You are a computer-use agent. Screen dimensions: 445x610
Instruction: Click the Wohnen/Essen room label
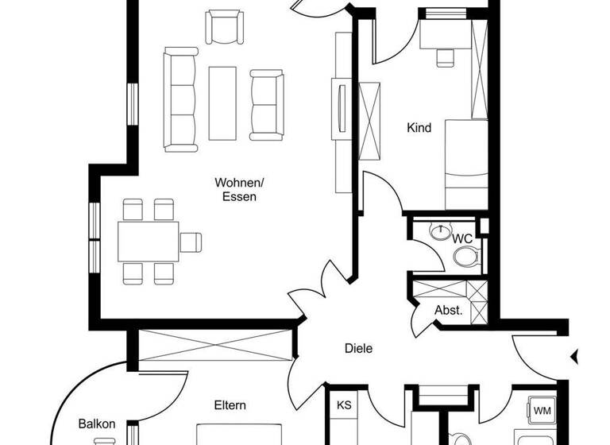pyautogui.click(x=239, y=189)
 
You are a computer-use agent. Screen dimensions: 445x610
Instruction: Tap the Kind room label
pyautogui.click(x=419, y=127)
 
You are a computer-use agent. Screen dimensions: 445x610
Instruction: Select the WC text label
pyautogui.click(x=462, y=238)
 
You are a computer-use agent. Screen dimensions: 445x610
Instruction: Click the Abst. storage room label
pyautogui.click(x=449, y=311)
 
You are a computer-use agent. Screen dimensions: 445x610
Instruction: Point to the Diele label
pyautogui.click(x=358, y=348)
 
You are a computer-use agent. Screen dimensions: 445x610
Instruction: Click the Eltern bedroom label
pyautogui.click(x=230, y=405)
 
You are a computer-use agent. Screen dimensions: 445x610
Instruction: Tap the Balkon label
pyautogui.click(x=97, y=424)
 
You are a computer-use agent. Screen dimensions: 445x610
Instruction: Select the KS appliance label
pyautogui.click(x=344, y=404)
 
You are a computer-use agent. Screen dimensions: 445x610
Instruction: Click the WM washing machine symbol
pyautogui.click(x=542, y=411)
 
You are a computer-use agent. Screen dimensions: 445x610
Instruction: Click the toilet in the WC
pyautogui.click(x=465, y=256)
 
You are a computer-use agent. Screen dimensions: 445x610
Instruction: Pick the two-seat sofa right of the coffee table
pyautogui.click(x=266, y=103)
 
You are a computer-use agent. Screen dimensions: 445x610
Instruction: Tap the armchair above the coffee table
pyautogui.click(x=223, y=28)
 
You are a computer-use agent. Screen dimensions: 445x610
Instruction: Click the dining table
pyautogui.click(x=149, y=241)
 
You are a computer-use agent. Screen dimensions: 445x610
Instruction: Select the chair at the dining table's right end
pyautogui.click(x=191, y=241)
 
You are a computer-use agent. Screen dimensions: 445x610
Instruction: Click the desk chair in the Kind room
pyautogui.click(x=446, y=57)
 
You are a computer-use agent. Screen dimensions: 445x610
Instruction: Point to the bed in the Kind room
pyautogui.click(x=466, y=164)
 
